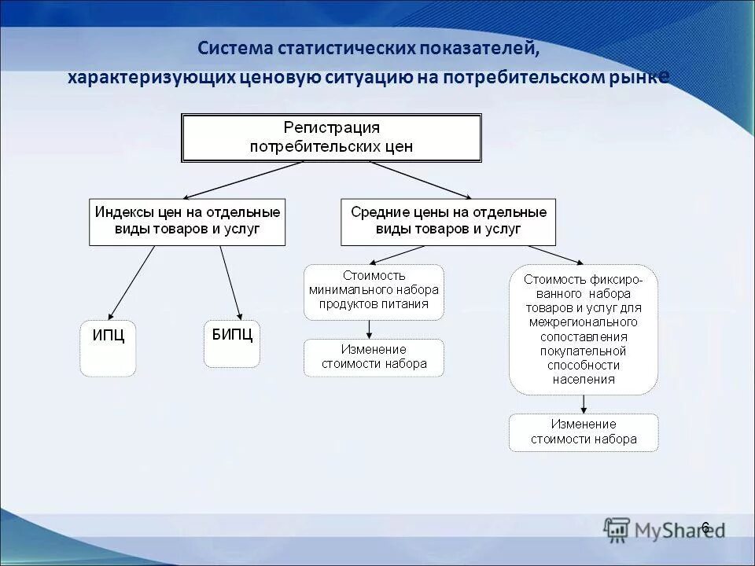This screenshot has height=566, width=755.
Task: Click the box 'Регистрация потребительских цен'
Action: (x=331, y=138)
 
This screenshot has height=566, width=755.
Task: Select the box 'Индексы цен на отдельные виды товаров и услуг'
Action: (x=187, y=222)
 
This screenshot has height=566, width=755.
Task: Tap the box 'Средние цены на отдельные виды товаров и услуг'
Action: (x=447, y=222)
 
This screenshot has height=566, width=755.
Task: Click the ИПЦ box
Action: (x=108, y=347)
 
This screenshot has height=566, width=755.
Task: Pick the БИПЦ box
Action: (x=232, y=344)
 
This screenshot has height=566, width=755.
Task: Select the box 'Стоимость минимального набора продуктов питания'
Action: (x=374, y=292)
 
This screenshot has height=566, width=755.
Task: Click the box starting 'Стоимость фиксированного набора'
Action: (x=583, y=329)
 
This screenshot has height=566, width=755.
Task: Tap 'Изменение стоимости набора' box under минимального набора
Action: (x=374, y=357)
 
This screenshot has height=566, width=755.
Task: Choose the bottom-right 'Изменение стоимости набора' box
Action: (x=583, y=432)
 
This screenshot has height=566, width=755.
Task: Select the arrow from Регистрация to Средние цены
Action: (x=420, y=180)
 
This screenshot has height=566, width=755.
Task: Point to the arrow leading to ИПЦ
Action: (x=131, y=282)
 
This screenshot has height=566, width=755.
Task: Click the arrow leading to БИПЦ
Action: (x=230, y=282)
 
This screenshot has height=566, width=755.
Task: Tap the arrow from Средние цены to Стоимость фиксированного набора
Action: (x=535, y=254)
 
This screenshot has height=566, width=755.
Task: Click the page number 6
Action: (x=705, y=527)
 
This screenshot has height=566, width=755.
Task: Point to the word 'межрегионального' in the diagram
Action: (x=583, y=322)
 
